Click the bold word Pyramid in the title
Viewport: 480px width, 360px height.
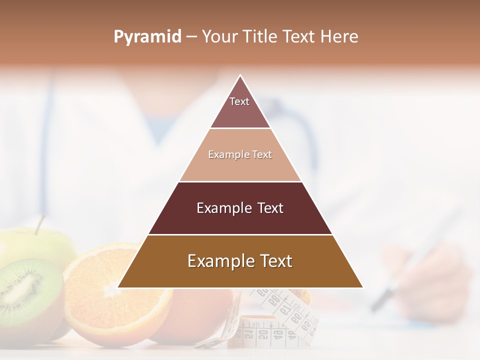tap(147, 37)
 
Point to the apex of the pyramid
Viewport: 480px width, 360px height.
tap(240, 76)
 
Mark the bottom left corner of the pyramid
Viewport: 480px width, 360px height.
tap(118, 287)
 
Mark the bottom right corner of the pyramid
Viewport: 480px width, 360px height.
tap(362, 287)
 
